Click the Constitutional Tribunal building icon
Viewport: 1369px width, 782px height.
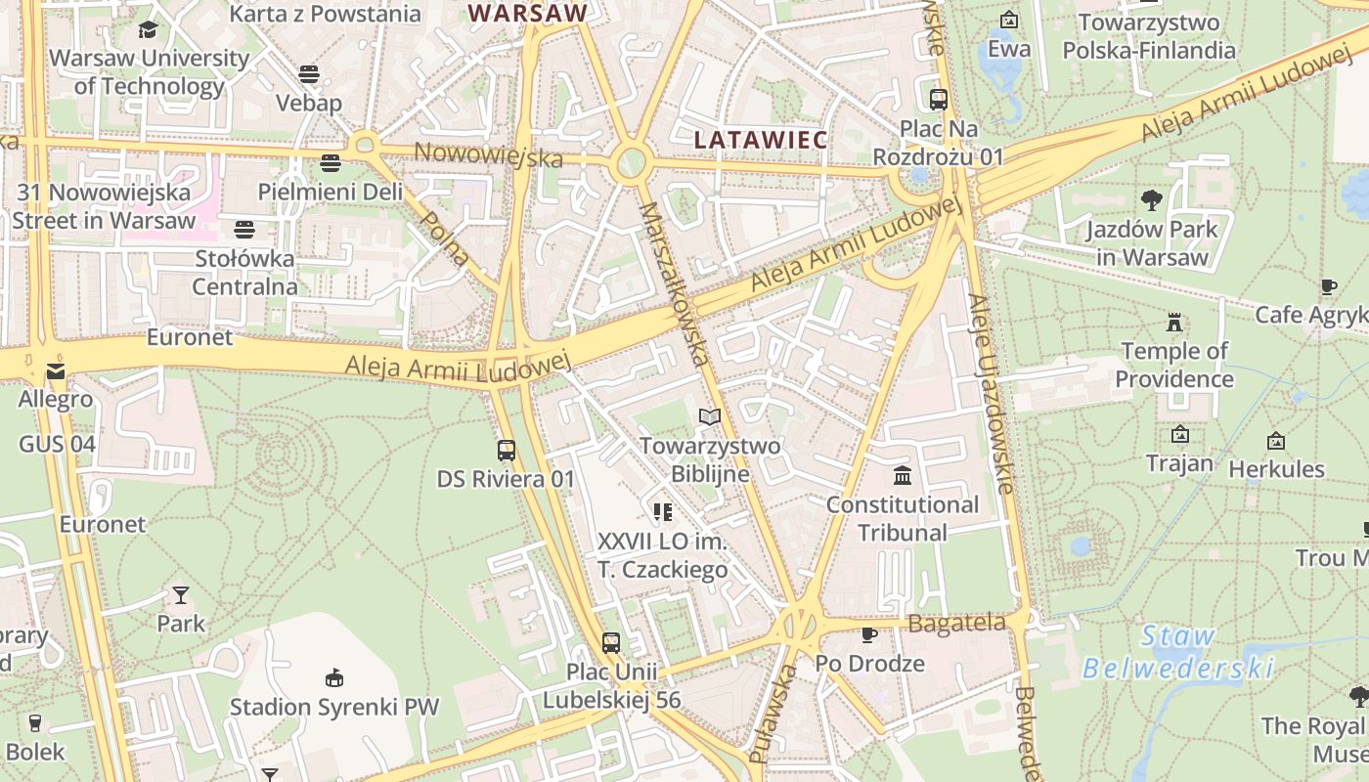point(903,476)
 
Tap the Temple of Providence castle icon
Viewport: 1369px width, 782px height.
point(1173,322)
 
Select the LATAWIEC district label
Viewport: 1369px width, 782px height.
point(761,140)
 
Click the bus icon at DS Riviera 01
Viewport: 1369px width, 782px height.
point(506,451)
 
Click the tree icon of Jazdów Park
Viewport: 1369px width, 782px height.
point(1151,200)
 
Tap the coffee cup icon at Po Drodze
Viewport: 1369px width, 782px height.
point(868,635)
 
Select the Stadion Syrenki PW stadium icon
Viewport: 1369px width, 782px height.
point(334,677)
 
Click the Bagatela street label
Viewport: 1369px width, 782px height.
point(955,623)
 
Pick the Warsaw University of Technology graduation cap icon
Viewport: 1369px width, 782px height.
point(148,30)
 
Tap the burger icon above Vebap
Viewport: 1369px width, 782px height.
point(309,74)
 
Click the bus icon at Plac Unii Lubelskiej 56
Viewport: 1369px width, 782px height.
point(611,643)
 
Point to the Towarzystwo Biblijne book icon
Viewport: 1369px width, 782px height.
point(710,417)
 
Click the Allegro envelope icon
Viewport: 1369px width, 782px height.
point(55,371)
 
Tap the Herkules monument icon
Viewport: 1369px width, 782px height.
point(1275,441)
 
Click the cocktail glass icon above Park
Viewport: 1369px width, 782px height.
point(181,594)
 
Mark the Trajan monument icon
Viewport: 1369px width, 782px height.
point(1179,434)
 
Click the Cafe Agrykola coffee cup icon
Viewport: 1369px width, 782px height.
point(1328,286)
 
